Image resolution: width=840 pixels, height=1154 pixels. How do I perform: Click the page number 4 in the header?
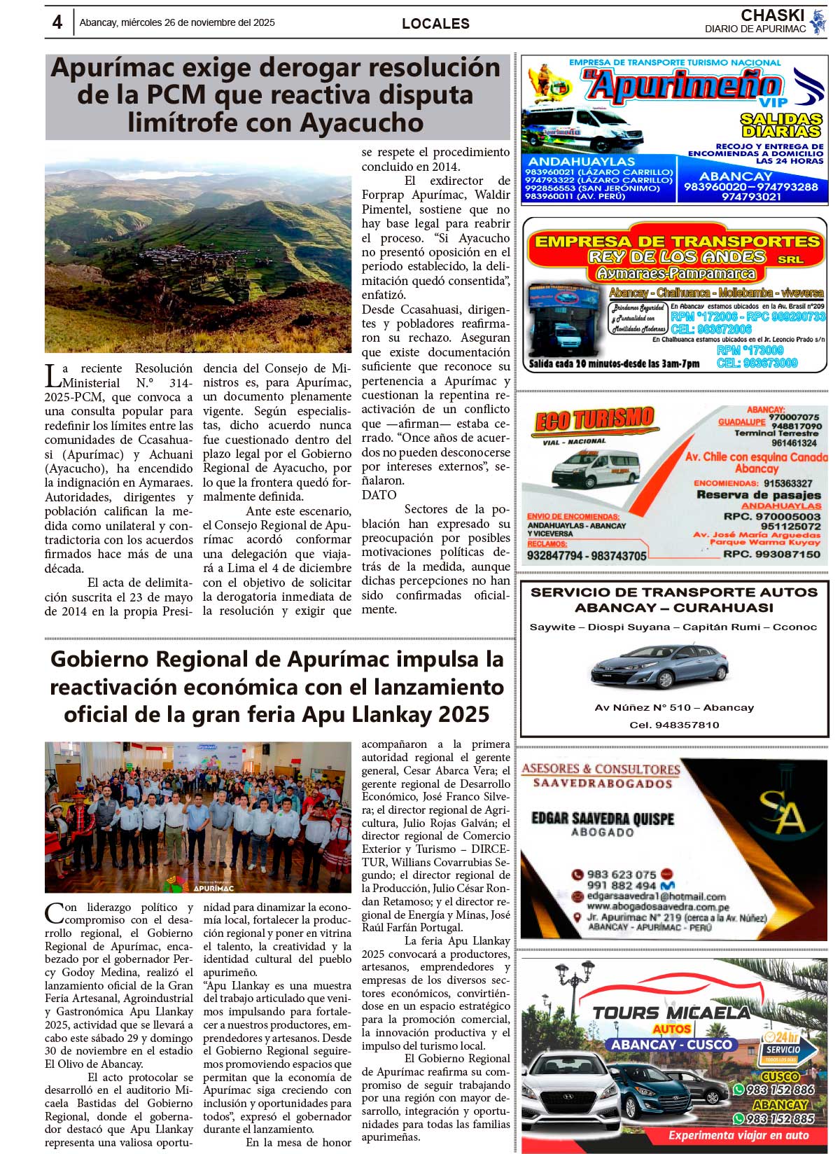tap(57, 22)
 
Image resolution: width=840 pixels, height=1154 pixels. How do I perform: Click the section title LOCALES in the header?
tap(435, 24)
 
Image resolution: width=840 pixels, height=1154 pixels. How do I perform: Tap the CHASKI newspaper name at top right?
tap(772, 15)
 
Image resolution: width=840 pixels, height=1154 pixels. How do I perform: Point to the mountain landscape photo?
tap(198, 249)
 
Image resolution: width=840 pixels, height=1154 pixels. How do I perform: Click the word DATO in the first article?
tap(379, 495)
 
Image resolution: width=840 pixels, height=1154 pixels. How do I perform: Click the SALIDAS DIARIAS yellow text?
tap(780, 125)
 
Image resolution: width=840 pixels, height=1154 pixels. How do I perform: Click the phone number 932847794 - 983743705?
tap(587, 556)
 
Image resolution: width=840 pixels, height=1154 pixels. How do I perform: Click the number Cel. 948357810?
tap(674, 725)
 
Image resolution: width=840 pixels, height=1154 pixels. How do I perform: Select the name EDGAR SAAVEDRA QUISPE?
tap(602, 818)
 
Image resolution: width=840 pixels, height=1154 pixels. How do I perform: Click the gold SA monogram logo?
tap(783, 812)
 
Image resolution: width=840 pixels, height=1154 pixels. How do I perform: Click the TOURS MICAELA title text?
tap(671, 1013)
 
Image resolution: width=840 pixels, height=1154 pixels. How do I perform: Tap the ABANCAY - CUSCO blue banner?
tap(671, 1044)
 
